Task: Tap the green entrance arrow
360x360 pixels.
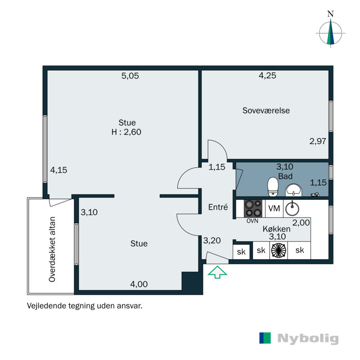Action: coord(217,272)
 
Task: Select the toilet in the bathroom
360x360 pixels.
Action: coord(273,187)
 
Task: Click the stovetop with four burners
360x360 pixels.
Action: coord(253,208)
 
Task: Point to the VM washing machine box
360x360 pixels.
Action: coord(274,208)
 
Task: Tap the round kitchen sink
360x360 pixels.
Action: coord(292,208)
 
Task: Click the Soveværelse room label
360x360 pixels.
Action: coord(266,110)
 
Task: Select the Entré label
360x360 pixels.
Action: coord(218,207)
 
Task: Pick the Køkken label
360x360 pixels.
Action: coord(276,229)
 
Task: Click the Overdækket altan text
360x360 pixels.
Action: coord(52,249)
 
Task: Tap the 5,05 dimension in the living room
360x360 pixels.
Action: coord(130,76)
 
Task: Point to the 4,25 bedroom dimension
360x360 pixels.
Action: coord(267,76)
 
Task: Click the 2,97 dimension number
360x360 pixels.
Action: coord(318,141)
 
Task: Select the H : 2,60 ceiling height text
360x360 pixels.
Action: coord(126,132)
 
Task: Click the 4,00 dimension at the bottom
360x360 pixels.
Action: coord(139,284)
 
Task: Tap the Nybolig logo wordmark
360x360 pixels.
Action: coord(308,339)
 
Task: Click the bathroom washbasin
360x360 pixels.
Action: coord(293,190)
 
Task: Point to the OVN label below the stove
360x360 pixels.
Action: coord(252,221)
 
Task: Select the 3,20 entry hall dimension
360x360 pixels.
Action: coord(211,240)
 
